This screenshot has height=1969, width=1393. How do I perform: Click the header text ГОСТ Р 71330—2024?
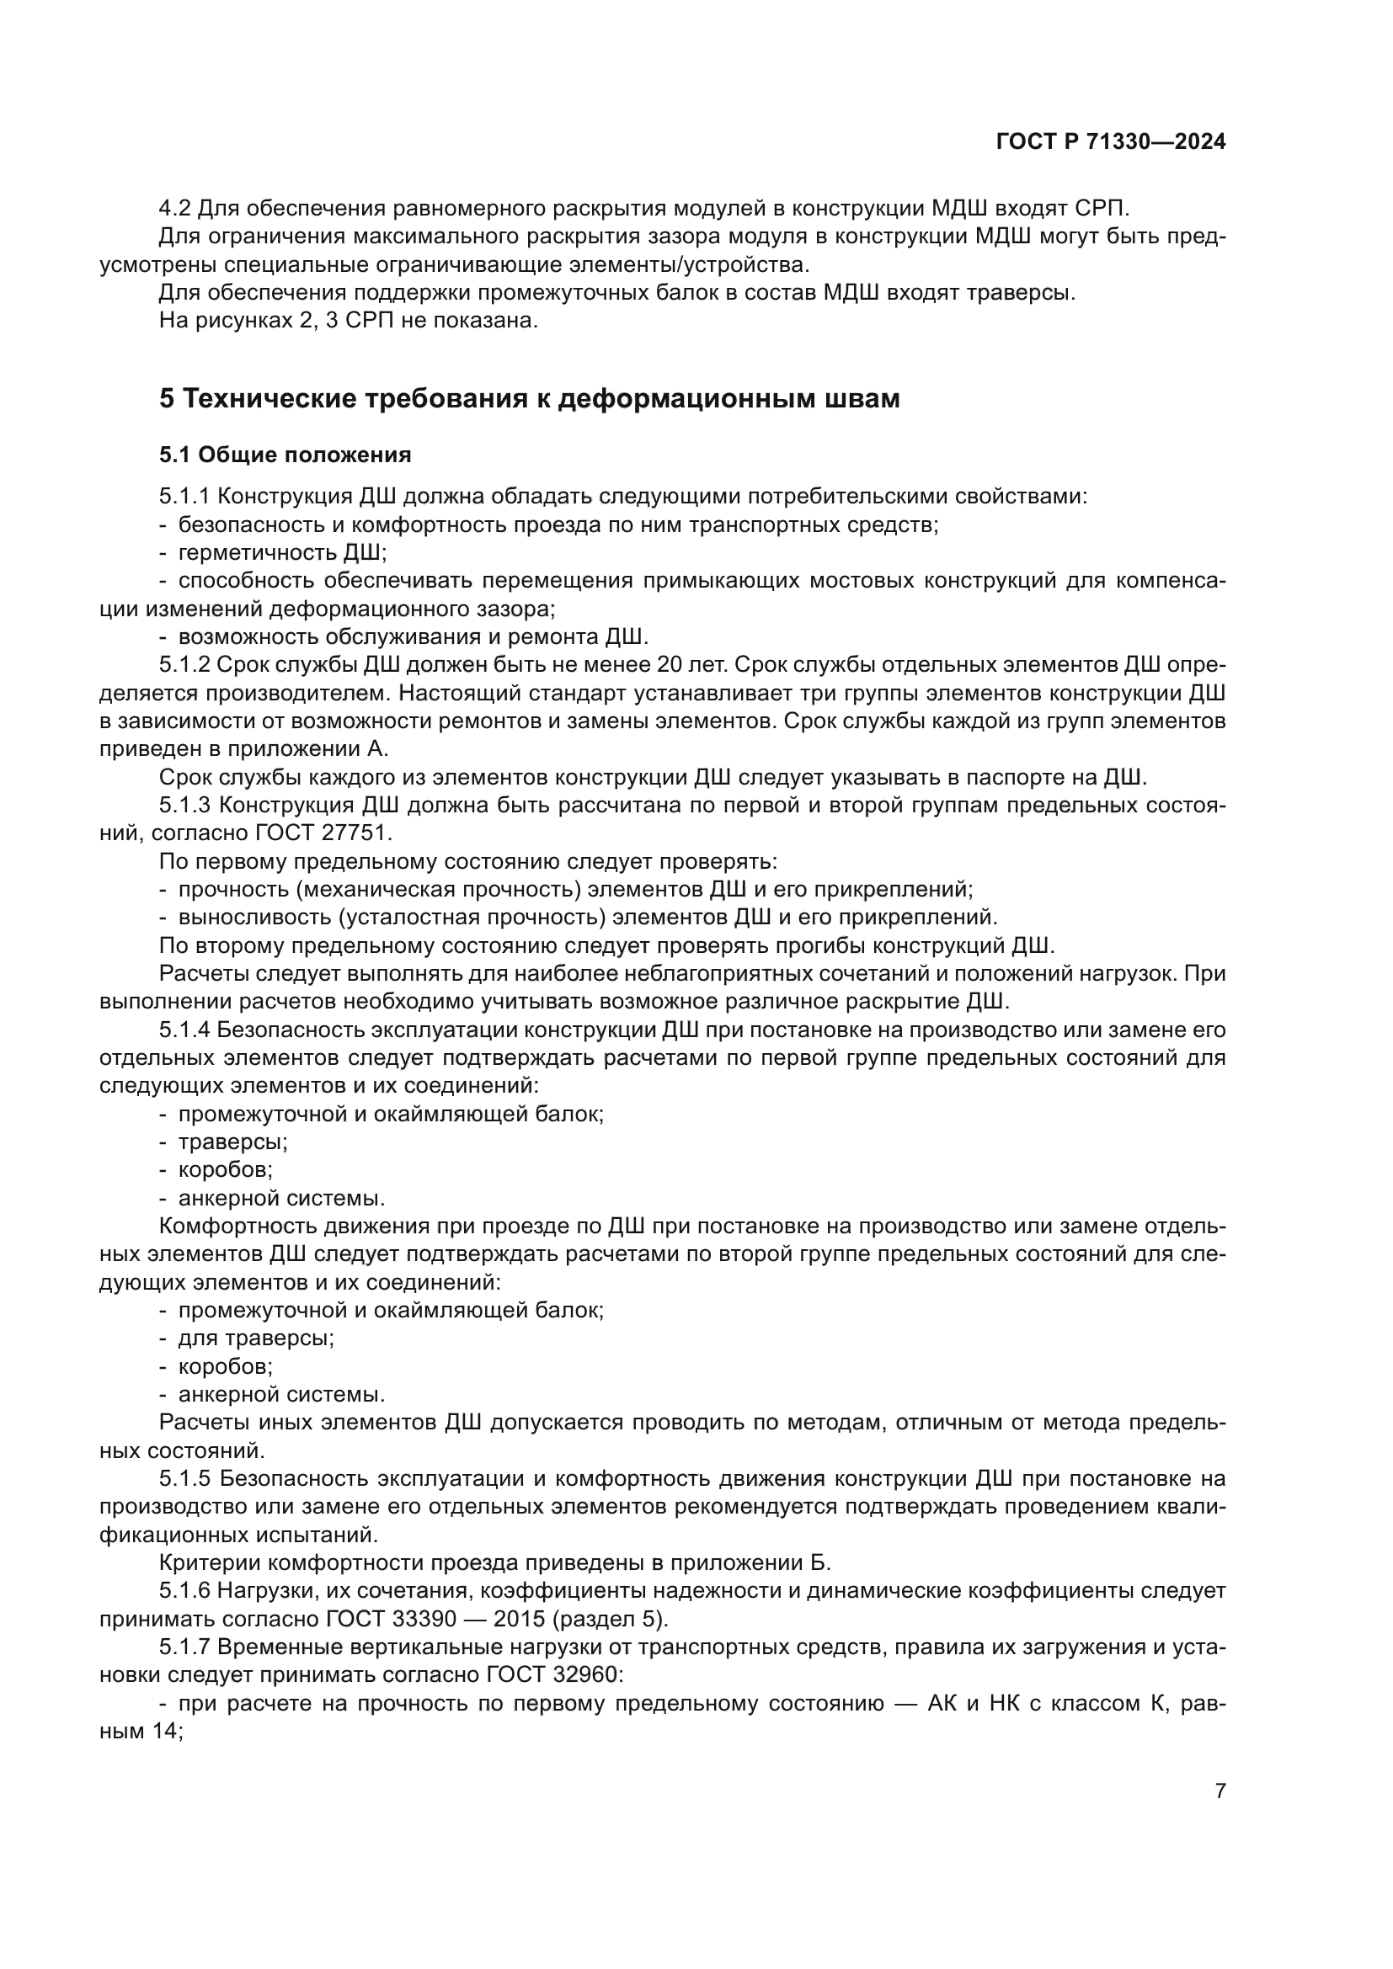(x=1110, y=142)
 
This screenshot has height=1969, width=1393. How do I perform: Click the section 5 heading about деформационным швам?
(x=529, y=399)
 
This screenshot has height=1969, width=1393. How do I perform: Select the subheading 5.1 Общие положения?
(x=285, y=455)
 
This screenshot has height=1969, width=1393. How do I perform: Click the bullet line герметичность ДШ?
(x=282, y=552)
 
